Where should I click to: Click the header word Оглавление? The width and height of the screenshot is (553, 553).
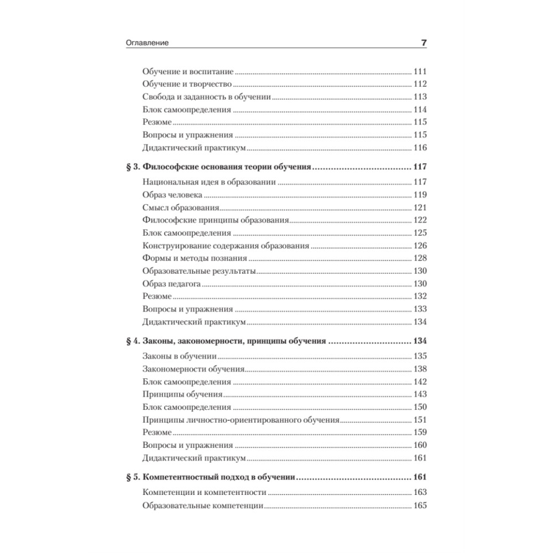[147, 43]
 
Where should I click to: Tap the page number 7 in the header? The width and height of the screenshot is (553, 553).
[423, 43]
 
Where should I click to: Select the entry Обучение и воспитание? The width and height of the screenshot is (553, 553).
[188, 72]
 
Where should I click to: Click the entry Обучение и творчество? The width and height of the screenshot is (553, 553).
[186, 84]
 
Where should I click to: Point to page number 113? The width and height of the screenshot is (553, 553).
[420, 97]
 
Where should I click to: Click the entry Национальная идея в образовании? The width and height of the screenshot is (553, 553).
[210, 182]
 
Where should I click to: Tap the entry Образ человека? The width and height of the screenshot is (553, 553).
[172, 195]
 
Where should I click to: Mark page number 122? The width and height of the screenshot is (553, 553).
[420, 221]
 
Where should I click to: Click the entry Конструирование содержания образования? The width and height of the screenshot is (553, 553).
[226, 246]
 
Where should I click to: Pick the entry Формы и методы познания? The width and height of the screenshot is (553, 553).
[194, 258]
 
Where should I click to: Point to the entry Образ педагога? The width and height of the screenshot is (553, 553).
[171, 284]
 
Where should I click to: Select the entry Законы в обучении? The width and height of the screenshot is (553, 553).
[179, 356]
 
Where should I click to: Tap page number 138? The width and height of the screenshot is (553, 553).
[420, 369]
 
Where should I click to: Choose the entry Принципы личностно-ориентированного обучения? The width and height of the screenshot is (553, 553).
[241, 420]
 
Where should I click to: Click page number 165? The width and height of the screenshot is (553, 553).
[420, 505]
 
